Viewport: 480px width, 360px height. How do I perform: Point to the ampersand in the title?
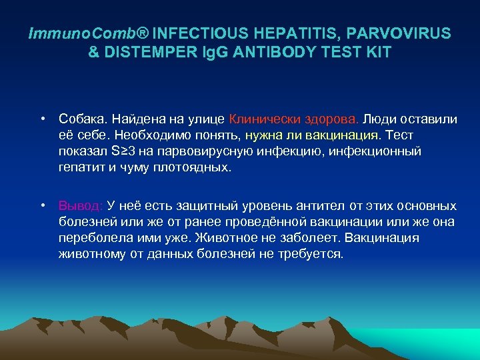click(94, 51)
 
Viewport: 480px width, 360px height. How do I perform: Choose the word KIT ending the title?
click(376, 51)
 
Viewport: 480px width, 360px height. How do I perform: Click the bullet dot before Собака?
click(42, 119)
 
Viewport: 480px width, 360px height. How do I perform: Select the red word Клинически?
click(259, 119)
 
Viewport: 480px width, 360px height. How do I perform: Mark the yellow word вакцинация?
click(343, 135)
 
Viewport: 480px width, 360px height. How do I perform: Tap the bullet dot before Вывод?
click(42, 205)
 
